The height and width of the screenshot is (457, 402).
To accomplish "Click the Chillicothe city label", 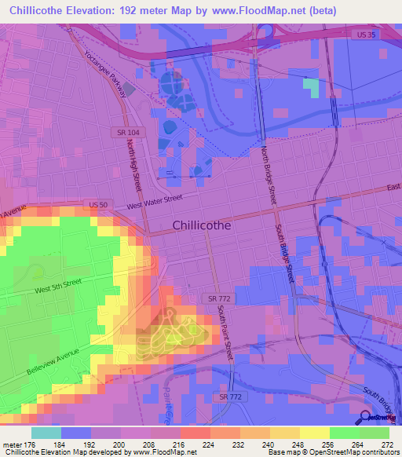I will pyautogui.click(x=201, y=225).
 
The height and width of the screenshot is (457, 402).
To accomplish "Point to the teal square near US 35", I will pyautogui.click(x=311, y=87).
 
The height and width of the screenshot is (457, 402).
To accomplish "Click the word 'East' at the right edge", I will pyautogui.click(x=393, y=188).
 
